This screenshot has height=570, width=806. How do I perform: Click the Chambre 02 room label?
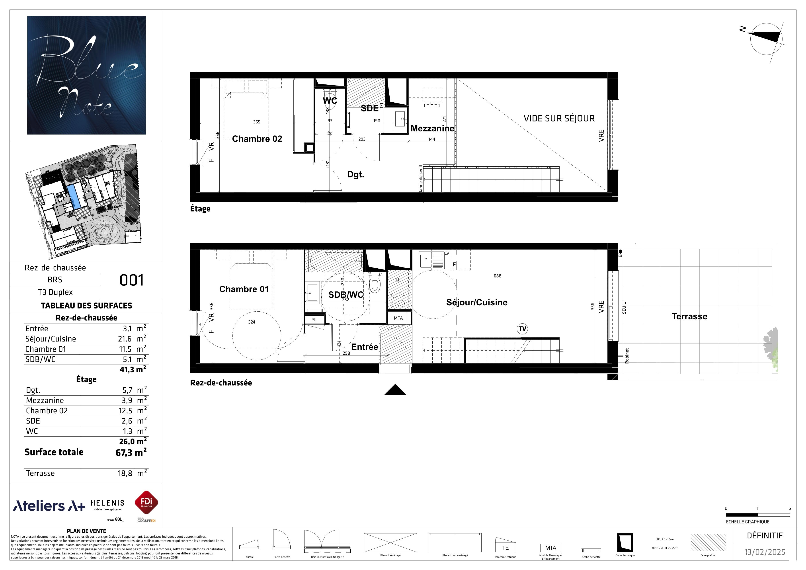tap(257, 139)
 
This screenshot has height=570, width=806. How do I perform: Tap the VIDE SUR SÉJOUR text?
tap(559, 119)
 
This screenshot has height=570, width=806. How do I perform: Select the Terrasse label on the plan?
tap(689, 317)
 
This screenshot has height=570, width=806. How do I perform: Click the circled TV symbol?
tap(522, 329)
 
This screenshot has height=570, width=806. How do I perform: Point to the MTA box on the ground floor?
tap(398, 318)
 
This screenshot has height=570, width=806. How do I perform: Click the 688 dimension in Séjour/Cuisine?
tap(498, 276)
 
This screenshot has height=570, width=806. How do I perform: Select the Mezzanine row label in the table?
tap(45, 400)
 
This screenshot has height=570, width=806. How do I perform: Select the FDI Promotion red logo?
tap(146, 503)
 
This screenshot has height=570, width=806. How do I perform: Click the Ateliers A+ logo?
tap(49, 506)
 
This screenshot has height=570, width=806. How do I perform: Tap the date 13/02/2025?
tap(765, 552)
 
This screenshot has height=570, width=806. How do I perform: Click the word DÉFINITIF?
tap(765, 536)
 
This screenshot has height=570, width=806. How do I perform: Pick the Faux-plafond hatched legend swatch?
tap(708, 543)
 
